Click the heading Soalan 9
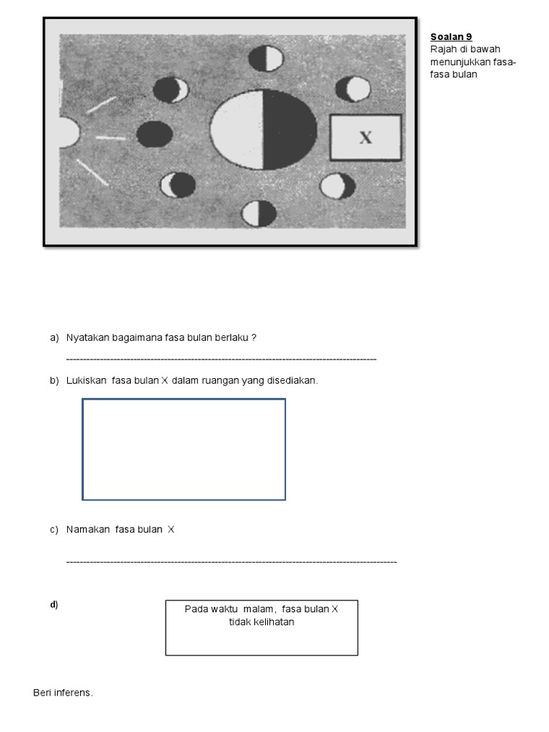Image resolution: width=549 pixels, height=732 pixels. [x=451, y=37]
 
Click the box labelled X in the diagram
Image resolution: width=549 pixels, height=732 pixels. [x=365, y=137]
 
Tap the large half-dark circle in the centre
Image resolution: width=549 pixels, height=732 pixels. [x=263, y=129]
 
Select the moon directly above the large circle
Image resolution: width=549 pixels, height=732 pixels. [x=264, y=58]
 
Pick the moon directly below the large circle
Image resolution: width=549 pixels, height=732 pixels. [x=259, y=213]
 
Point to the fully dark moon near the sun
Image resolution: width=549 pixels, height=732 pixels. [x=154, y=134]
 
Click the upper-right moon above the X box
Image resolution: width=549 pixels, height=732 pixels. [x=353, y=89]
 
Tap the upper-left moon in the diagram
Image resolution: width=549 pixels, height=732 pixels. [x=171, y=89]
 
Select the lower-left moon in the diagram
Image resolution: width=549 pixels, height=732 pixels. [x=178, y=185]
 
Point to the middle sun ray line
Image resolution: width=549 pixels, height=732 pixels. [x=111, y=137]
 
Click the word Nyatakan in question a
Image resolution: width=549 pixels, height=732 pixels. [x=87, y=337]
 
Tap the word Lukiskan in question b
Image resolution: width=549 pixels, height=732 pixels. [x=86, y=380]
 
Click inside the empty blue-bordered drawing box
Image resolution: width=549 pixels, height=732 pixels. [x=184, y=449]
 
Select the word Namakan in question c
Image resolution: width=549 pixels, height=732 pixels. [x=88, y=530]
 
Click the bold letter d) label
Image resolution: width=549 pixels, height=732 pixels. [x=54, y=605]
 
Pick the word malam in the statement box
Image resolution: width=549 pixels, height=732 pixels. [x=259, y=609]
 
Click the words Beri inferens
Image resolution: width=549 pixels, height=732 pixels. [x=63, y=693]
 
